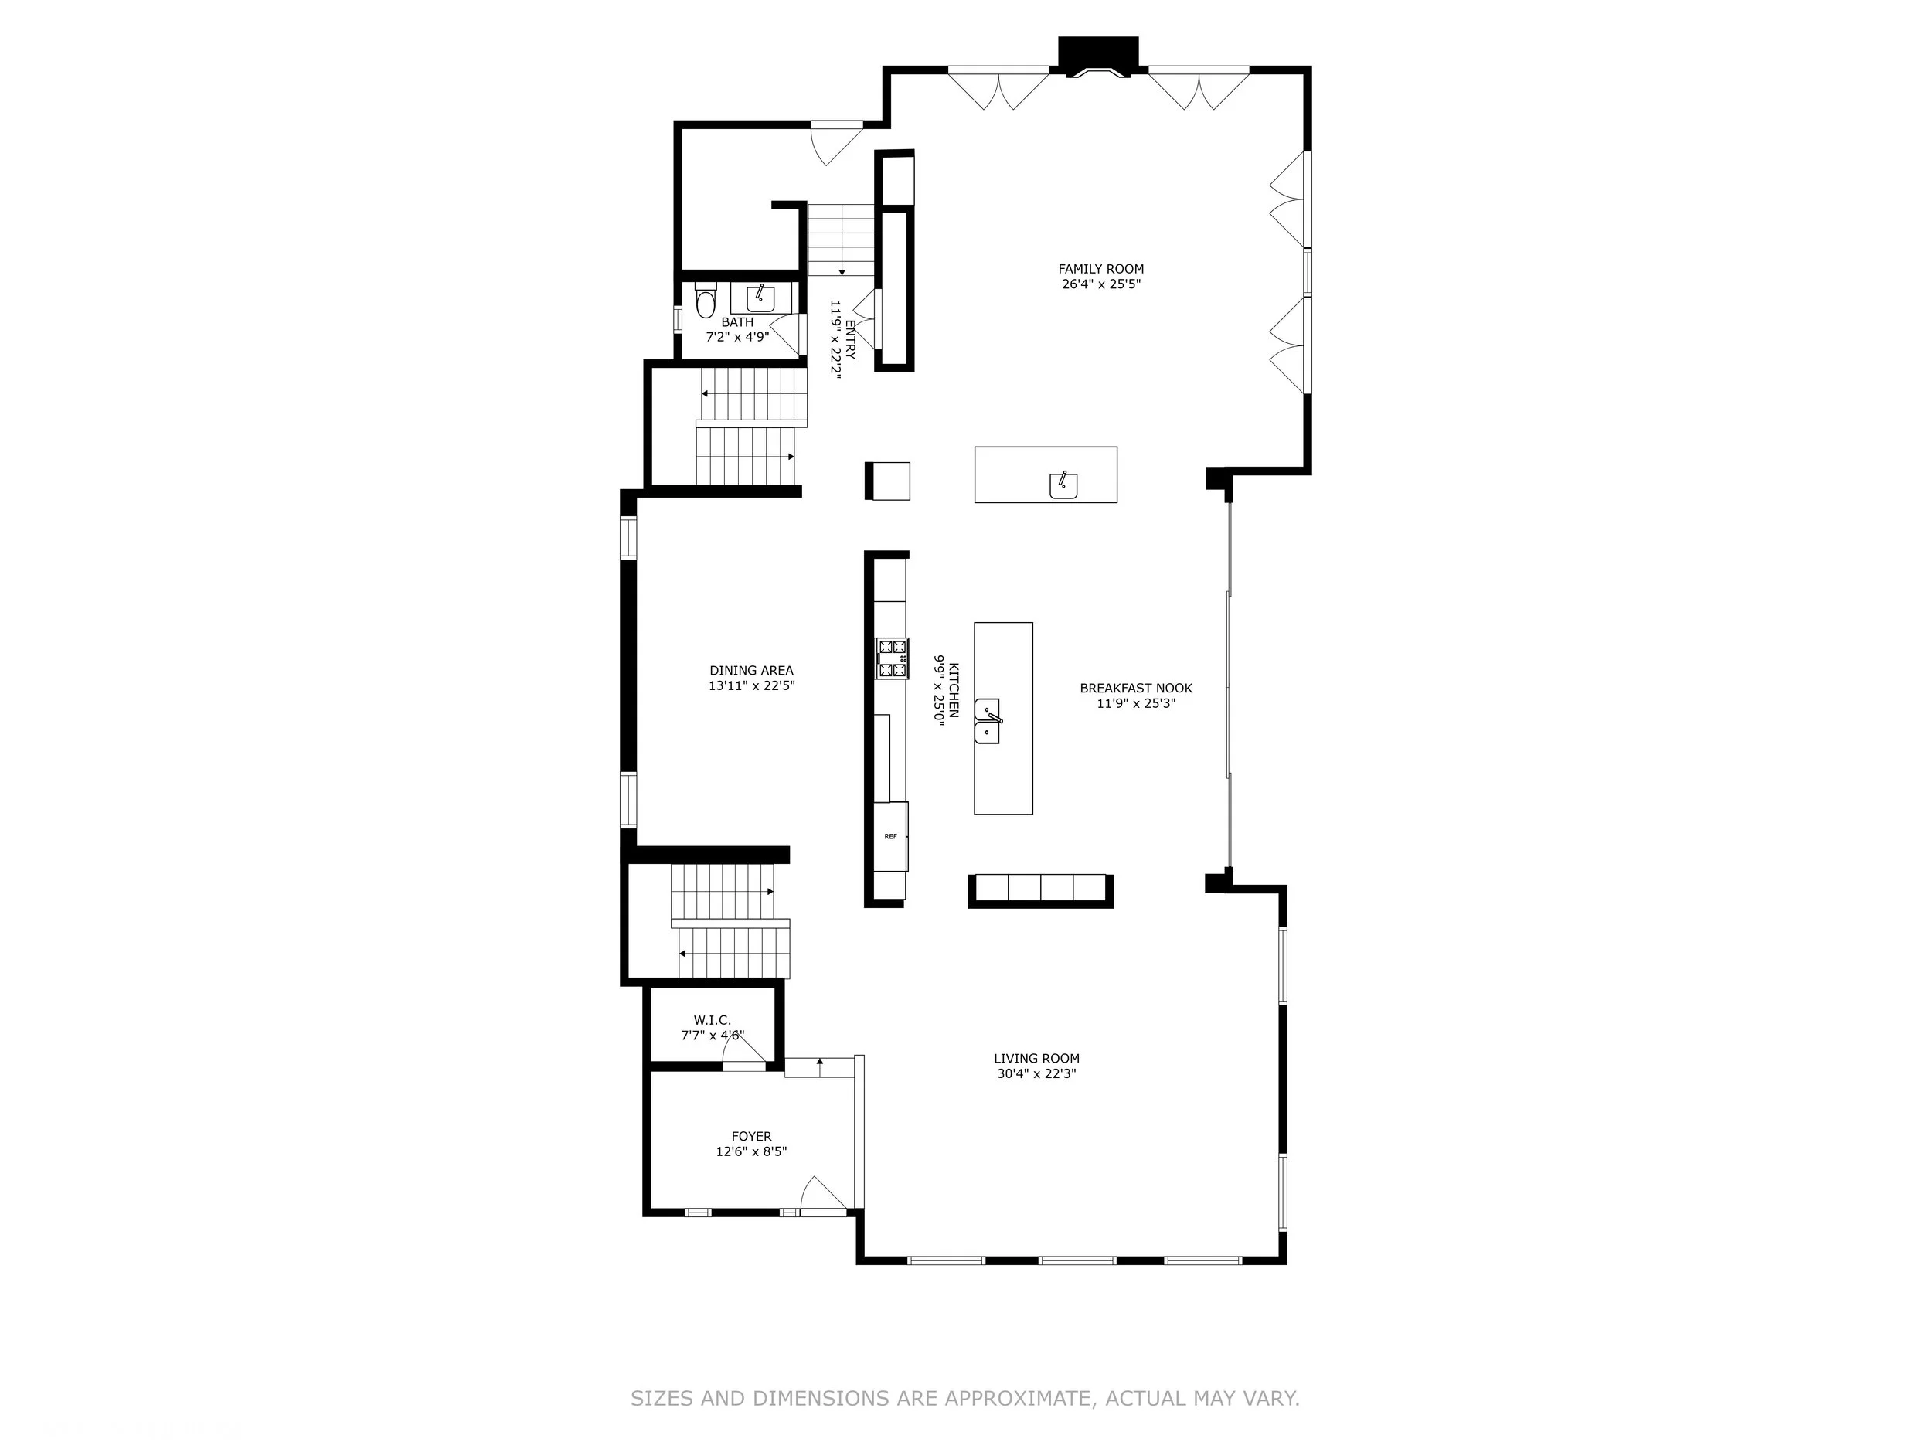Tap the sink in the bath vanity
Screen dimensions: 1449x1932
[x=760, y=300]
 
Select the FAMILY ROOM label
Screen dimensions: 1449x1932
[x=1100, y=269]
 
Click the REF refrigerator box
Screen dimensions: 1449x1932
[x=891, y=836]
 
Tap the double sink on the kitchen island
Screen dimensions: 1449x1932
[x=988, y=720]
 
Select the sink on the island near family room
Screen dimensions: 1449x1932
[x=1063, y=485]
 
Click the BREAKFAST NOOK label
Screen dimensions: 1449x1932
[x=1135, y=689]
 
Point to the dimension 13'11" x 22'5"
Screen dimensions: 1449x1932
[x=751, y=686]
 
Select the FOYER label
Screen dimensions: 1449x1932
[x=751, y=1136]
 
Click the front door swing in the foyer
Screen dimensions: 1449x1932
[x=821, y=1194]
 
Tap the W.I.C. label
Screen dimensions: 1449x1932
[x=712, y=1020]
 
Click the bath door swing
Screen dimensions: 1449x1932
[x=787, y=335]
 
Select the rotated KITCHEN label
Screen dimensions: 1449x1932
[x=954, y=690]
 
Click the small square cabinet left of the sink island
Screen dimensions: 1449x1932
[x=888, y=481]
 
